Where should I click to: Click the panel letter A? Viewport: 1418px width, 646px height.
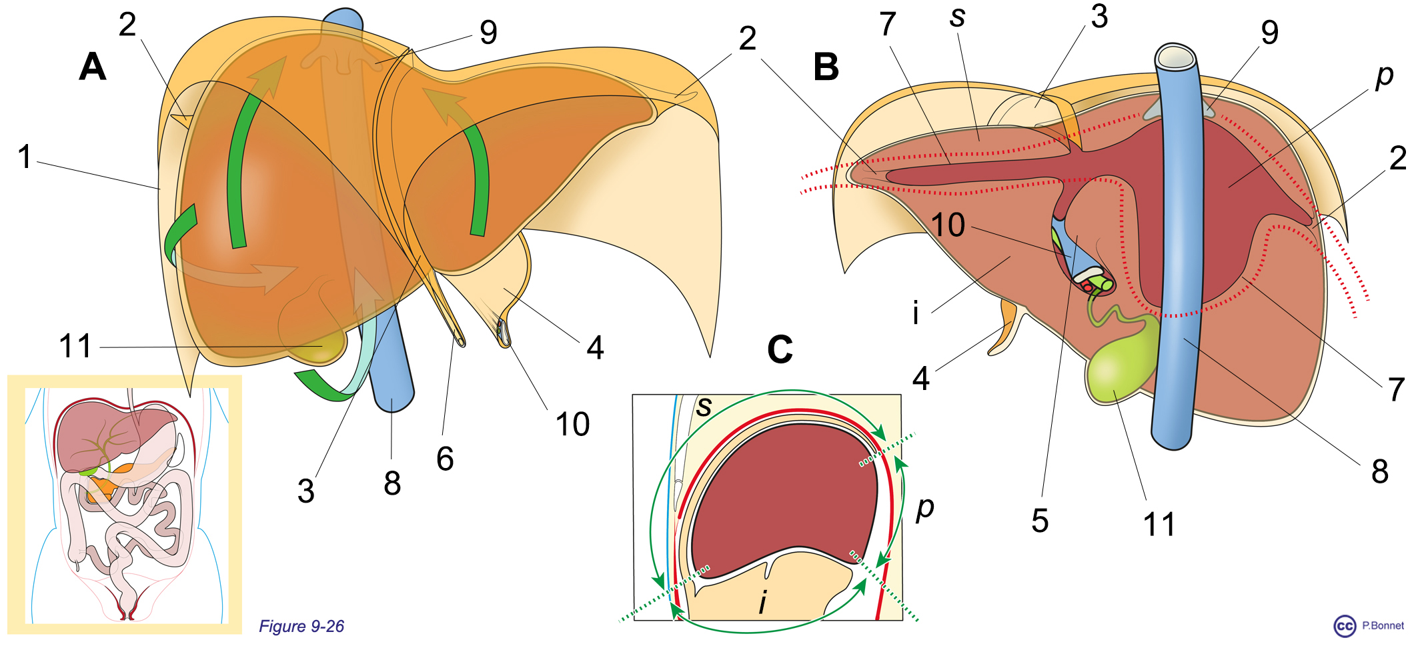point(93,67)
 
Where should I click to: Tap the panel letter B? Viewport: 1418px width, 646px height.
point(826,67)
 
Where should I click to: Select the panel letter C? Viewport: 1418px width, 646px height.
point(780,349)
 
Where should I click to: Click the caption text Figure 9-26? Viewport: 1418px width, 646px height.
point(301,626)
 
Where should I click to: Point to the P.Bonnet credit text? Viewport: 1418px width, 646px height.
point(1383,625)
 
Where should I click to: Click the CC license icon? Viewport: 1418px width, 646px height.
point(1345,626)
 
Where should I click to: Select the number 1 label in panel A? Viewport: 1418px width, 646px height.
point(25,157)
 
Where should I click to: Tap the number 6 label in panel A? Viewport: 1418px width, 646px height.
point(445,459)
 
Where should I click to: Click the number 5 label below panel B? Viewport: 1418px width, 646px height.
point(1040,521)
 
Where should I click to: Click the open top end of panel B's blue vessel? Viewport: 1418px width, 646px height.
point(1175,57)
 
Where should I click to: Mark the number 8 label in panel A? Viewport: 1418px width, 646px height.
point(392,483)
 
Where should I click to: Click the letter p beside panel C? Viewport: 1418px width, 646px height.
point(925,507)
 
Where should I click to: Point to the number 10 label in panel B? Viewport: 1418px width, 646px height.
point(948,225)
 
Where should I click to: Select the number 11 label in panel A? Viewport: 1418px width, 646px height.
point(75,347)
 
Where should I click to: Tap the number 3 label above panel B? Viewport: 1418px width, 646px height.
point(1099,17)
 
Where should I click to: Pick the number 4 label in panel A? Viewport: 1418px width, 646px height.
point(595,347)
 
